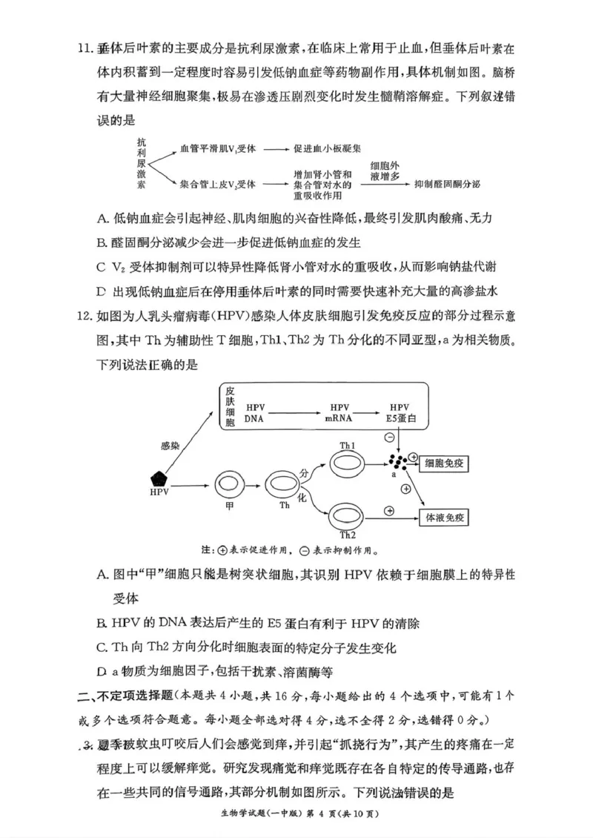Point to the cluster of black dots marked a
[x=398, y=462]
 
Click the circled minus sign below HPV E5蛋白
[x=390, y=438]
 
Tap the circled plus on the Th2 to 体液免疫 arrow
[x=388, y=511]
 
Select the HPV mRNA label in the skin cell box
[x=340, y=413]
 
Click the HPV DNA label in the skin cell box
[x=255, y=413]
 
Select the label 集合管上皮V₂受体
[x=218, y=184]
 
